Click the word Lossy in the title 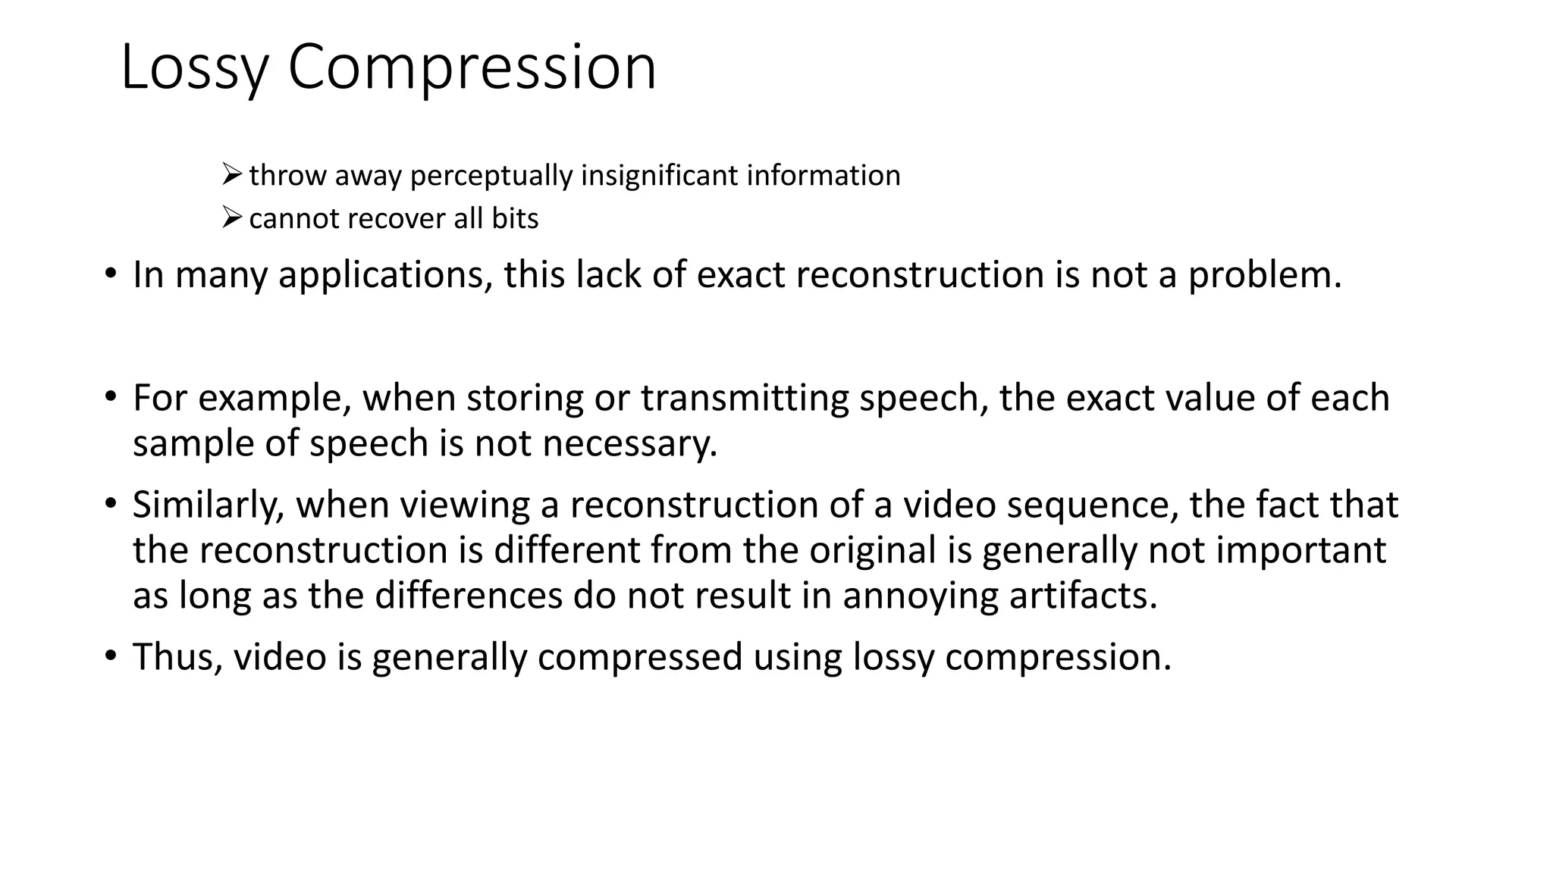point(194,68)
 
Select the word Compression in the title point(472,68)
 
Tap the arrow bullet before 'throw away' point(231,175)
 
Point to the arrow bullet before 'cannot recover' point(231,218)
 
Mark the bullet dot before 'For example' point(111,396)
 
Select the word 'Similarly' point(205,505)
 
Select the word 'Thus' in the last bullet point(175,656)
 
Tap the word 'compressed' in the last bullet point(639,658)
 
